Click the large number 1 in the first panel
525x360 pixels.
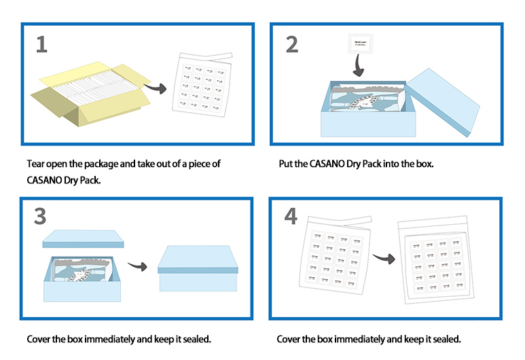pyautogui.click(x=42, y=44)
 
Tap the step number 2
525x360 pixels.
pyautogui.click(x=291, y=44)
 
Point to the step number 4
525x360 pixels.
pyautogui.click(x=291, y=217)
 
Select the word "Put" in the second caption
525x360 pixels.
pyautogui.click(x=286, y=164)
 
